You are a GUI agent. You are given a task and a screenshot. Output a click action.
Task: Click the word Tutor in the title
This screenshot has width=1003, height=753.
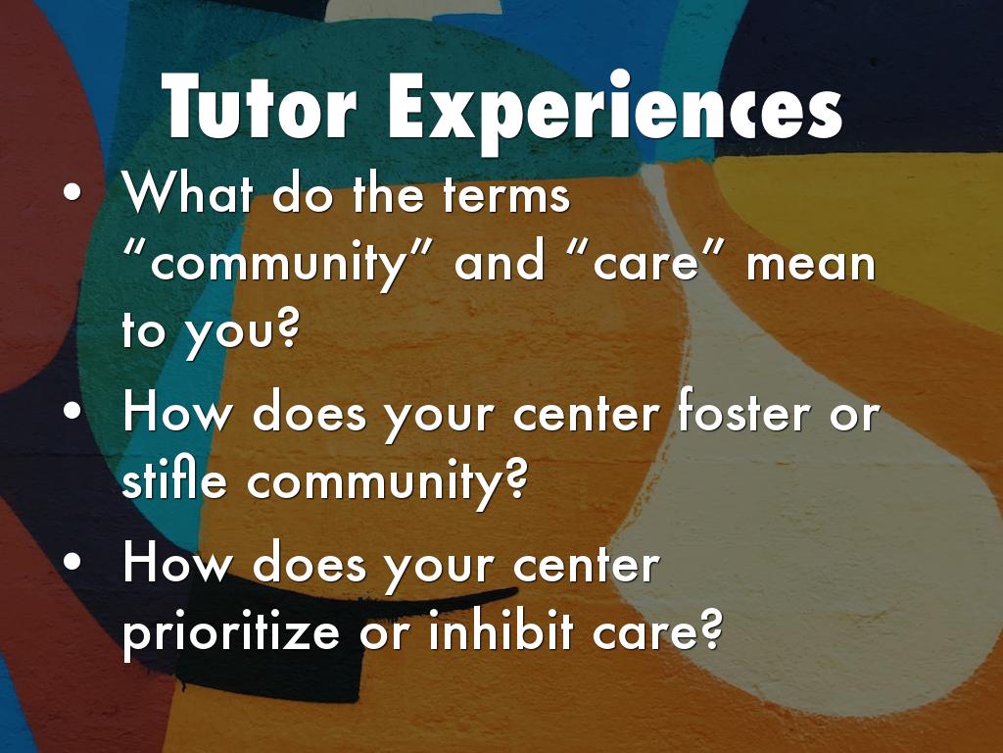[259, 106]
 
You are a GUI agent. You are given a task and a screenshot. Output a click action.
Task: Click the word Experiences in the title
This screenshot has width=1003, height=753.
[614, 110]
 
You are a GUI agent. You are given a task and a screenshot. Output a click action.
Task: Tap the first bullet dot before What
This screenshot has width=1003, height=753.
[72, 191]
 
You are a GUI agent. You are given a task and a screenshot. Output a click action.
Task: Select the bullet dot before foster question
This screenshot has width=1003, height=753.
[72, 411]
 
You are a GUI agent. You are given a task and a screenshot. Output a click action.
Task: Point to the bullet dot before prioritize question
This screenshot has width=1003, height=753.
[72, 560]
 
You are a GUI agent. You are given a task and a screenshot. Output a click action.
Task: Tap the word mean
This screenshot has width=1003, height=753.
[811, 265]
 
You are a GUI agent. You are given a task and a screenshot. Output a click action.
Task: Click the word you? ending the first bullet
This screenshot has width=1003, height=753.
[242, 333]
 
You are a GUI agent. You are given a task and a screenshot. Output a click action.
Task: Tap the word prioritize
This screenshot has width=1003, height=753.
[231, 630]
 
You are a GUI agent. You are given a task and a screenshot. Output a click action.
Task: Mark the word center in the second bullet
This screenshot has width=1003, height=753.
[586, 415]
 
